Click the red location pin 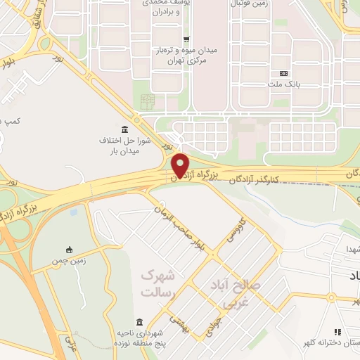pos(181,165)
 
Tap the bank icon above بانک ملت pos(284,73)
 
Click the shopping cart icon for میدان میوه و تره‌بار pos(185,39)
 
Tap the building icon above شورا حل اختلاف pos(124,129)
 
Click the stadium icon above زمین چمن pos(69,250)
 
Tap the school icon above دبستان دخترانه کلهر pos(337,331)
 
